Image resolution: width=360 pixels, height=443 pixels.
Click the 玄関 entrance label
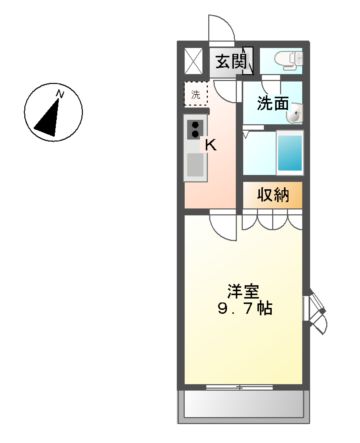click(230, 61)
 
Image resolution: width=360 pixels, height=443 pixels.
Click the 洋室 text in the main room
click(244, 292)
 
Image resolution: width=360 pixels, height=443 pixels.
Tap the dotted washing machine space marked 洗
click(196, 96)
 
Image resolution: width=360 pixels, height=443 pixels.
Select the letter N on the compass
click(60, 94)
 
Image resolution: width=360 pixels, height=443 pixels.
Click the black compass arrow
click(48, 116)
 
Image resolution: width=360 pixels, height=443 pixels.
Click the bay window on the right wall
click(315, 311)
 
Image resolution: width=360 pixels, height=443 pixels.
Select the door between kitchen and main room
click(225, 226)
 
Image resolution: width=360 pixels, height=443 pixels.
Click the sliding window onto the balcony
click(243, 386)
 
